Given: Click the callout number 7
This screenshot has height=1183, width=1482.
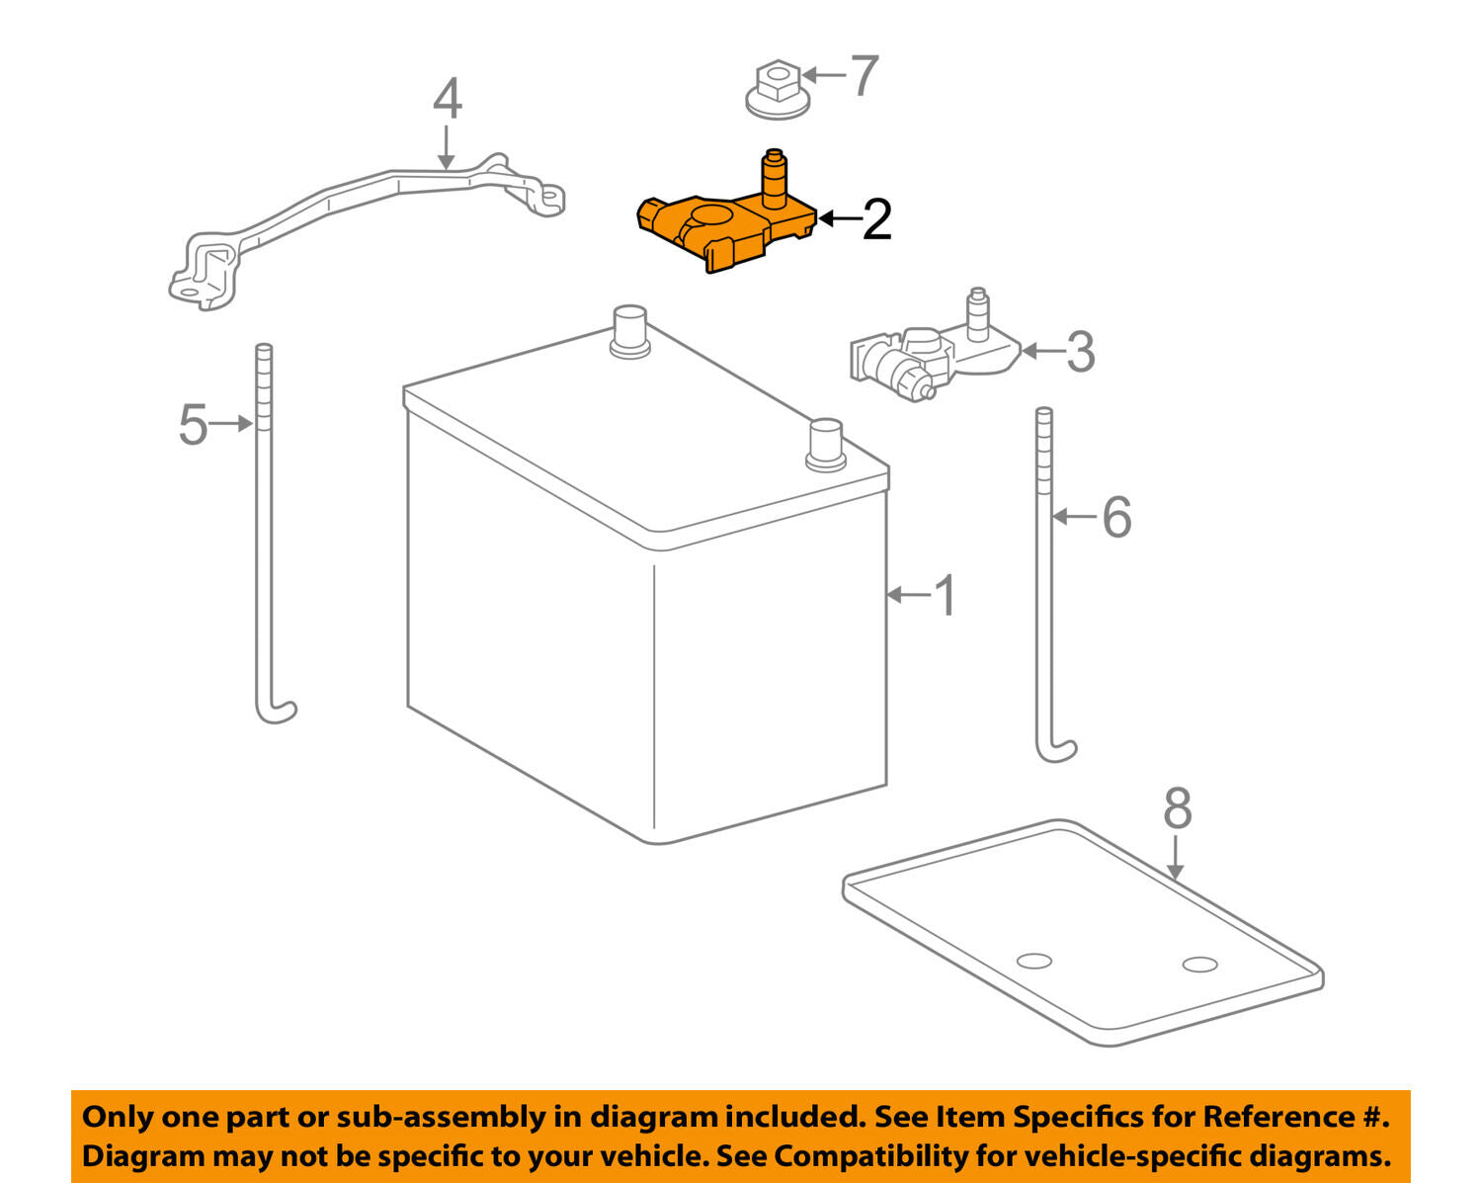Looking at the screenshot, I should pos(864,76).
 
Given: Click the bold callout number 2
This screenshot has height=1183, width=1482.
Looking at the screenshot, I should pos(876,219).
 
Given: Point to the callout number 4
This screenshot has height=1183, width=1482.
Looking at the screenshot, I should pos(447,99).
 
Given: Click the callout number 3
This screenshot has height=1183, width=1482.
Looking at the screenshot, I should pos(1080,352).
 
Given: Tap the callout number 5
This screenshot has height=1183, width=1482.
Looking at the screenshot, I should pos(193,425).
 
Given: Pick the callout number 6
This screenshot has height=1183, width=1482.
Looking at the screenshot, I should pos(1115,517).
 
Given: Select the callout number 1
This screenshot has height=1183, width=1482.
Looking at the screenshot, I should pos(946,596).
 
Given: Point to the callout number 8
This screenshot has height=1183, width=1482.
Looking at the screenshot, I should pos(1177,808).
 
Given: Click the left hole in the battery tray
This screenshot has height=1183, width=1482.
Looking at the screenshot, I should pos(1034,960).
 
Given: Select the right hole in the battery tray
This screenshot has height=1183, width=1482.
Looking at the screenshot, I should pos(1199,964).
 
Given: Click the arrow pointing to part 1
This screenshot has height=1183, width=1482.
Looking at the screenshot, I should pos(907,595).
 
